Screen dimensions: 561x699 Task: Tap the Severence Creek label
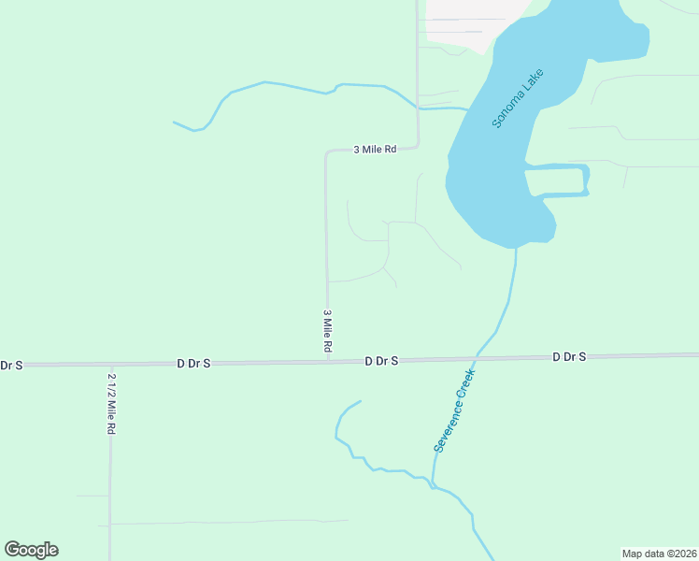[455, 410]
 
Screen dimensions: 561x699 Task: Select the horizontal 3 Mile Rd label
[375, 149]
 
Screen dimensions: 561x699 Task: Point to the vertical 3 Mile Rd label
[328, 331]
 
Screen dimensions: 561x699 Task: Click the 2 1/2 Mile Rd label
[111, 403]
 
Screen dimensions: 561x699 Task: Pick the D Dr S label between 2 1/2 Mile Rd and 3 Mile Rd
[194, 362]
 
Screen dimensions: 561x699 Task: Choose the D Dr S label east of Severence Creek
[569, 356]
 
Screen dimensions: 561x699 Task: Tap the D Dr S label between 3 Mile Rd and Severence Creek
[381, 360]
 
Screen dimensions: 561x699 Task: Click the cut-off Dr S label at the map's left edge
[12, 365]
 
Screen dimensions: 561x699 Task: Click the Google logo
[31, 550]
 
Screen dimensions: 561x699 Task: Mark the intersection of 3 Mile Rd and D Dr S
[328, 361]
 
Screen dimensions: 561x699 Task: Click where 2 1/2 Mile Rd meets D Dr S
[110, 364]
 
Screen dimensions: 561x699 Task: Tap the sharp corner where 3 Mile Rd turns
[326, 151]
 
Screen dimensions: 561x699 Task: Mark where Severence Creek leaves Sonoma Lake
[515, 249]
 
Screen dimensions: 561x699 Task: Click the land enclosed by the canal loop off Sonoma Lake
[557, 181]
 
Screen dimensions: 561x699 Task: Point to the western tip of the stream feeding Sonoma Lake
[175, 122]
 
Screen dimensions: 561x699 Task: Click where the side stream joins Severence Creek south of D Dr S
[433, 486]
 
